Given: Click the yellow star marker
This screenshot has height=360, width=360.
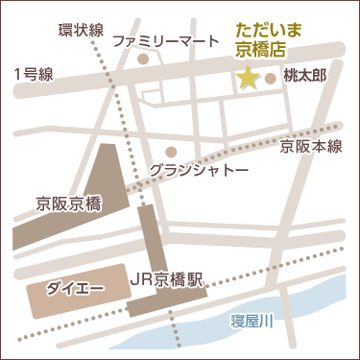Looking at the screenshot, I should tap(248, 79).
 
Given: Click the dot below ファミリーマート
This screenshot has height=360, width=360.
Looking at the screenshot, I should tap(143, 59).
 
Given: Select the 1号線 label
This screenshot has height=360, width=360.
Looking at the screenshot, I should tap(33, 73).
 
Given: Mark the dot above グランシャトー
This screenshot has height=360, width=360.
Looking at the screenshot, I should tap(171, 151).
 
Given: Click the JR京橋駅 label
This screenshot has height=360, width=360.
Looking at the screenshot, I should tap(168, 280).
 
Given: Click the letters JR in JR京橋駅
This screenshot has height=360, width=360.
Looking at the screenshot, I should tap(139, 280).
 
